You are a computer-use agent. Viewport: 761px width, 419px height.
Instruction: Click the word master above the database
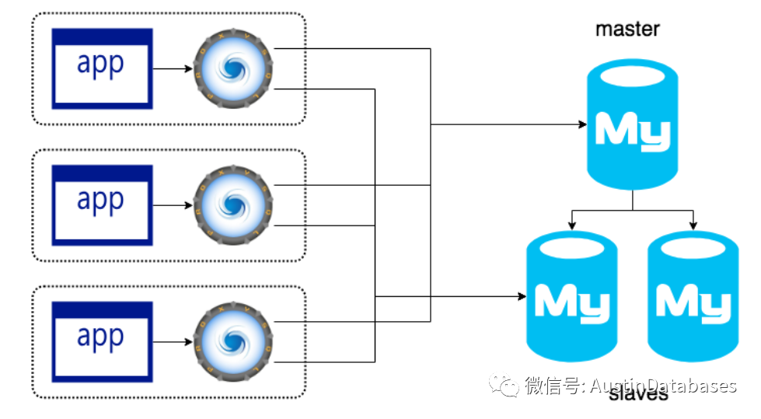627,30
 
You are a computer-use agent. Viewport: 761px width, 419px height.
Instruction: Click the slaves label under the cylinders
638,395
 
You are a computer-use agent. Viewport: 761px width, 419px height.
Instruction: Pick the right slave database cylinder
693,299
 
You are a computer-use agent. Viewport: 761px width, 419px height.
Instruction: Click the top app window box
102,68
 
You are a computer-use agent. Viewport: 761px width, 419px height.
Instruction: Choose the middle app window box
102,204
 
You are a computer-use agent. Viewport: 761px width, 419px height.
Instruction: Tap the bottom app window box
102,340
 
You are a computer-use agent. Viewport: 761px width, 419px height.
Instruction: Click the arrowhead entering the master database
581,124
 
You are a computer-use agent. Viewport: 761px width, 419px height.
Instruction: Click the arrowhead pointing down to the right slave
693,225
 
